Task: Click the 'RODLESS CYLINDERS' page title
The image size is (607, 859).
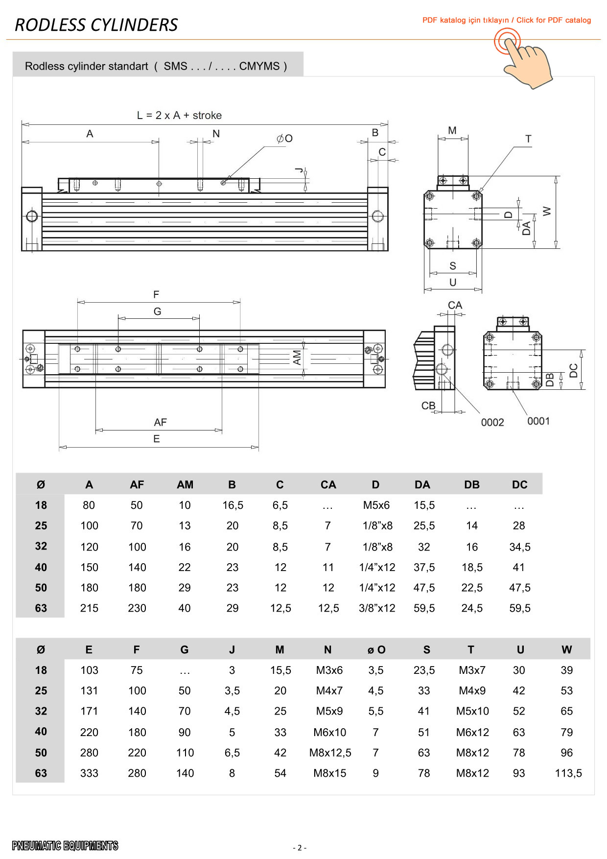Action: point(96,25)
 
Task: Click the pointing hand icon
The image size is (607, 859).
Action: point(524,58)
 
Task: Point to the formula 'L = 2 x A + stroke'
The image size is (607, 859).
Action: point(179,116)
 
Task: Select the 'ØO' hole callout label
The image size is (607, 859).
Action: point(284,139)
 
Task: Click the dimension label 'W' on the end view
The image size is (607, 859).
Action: point(547,212)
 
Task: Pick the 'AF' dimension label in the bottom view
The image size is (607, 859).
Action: point(161,422)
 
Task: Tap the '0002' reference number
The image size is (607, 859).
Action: point(492,422)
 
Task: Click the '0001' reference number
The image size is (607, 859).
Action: point(538,421)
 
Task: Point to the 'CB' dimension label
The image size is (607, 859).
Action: point(428,406)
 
